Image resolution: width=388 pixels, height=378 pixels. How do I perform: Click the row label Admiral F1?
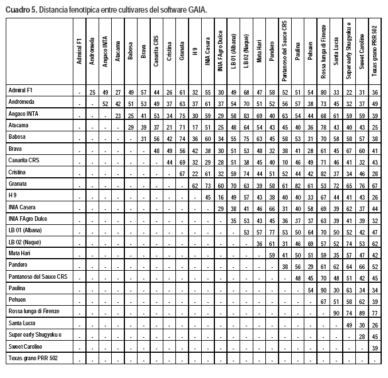21,91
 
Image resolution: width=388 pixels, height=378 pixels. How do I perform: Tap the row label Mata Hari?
20,253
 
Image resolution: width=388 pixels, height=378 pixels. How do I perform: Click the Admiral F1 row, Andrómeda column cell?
92,92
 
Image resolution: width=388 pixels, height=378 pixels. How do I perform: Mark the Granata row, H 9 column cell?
195,186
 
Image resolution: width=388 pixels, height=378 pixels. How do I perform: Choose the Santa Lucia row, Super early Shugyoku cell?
349,325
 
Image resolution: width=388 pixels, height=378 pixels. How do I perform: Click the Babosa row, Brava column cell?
143,139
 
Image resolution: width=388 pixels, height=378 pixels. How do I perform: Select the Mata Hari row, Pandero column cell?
272,255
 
